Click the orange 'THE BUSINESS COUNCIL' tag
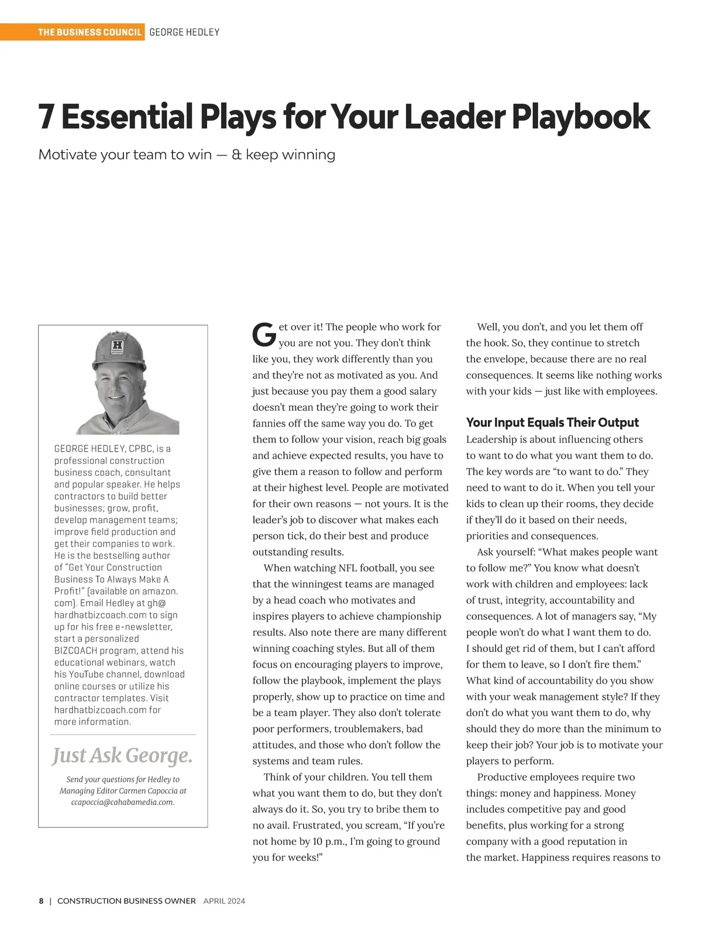pos(90,32)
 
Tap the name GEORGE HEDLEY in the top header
pos(184,32)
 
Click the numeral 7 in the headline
pos(46,116)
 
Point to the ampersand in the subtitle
pos(236,154)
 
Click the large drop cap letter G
pos(264,335)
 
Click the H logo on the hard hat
pos(118,346)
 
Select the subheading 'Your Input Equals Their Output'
pos(552,422)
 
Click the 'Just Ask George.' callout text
pos(122,755)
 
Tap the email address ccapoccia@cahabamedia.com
pos(123,802)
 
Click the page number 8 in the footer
pos(41,901)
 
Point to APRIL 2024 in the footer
pos(224,901)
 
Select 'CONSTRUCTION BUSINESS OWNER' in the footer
pos(126,901)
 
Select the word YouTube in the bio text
pos(86,674)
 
